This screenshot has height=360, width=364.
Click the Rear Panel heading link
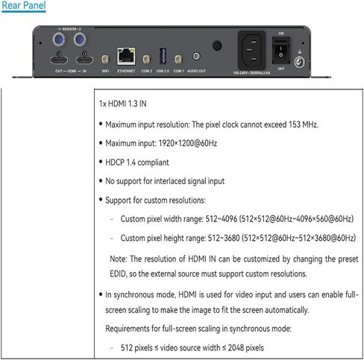[24, 5]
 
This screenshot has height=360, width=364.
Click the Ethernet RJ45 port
[126, 56]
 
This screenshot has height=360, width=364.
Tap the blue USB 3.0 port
[163, 56]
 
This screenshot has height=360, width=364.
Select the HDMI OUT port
[59, 60]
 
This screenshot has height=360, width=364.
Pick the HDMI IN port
[84, 60]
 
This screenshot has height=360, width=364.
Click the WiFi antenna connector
[105, 59]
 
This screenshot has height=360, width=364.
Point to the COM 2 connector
[146, 59]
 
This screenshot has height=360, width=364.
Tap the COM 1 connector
[178, 59]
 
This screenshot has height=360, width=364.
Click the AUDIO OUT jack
[196, 56]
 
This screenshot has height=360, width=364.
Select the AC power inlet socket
[251, 50]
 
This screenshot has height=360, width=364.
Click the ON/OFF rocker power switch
[281, 51]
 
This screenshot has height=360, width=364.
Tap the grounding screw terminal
[299, 62]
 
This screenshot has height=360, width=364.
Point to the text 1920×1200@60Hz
[188, 143]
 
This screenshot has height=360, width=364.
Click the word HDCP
[115, 162]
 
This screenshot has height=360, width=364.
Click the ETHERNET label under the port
[126, 71]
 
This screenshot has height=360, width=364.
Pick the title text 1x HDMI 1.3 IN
[123, 104]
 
